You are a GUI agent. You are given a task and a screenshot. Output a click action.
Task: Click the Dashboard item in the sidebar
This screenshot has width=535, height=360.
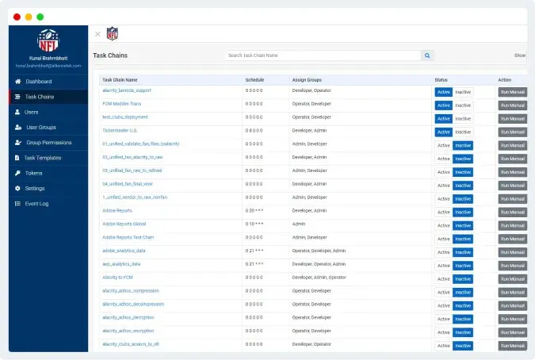tap(38, 82)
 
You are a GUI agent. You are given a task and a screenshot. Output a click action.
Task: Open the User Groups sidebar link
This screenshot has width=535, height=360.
tap(41, 127)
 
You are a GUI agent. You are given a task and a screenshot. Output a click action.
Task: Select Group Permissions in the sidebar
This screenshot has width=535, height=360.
tap(48, 143)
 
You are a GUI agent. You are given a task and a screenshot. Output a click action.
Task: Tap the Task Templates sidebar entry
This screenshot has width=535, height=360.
tap(43, 158)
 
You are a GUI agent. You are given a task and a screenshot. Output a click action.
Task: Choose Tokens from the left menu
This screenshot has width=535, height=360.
tap(33, 173)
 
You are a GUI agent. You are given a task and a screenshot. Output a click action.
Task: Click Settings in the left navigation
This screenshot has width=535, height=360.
tap(35, 188)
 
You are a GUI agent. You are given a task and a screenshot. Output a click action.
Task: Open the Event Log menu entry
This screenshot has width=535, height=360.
tap(36, 204)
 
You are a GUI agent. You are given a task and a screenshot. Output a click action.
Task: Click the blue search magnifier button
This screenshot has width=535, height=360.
tap(427, 56)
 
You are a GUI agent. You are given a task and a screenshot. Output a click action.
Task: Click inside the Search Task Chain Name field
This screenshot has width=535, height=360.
tap(322, 56)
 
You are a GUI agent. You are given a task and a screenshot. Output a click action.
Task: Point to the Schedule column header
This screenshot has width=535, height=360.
tap(254, 80)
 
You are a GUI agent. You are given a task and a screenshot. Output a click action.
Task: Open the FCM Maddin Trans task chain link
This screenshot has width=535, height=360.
tap(122, 104)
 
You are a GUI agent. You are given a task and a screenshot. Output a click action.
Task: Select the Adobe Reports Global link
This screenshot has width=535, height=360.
tap(124, 224)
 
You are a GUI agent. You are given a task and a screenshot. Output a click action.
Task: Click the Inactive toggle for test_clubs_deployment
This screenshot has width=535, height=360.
tap(463, 118)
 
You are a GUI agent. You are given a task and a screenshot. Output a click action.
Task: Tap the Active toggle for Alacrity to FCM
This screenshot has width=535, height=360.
tap(443, 278)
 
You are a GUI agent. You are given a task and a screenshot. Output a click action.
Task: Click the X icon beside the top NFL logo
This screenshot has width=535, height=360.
tap(97, 34)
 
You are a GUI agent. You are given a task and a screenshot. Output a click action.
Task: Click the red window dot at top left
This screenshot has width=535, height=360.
tap(17, 16)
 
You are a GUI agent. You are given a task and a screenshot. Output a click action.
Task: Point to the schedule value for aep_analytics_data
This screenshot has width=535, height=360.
tap(254, 264)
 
